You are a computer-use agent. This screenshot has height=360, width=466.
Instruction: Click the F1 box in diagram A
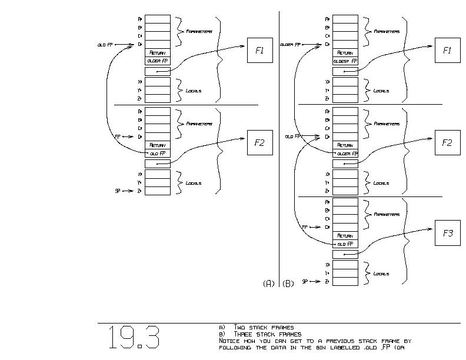point(259,51)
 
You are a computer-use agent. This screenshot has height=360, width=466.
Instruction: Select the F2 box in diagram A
point(259,142)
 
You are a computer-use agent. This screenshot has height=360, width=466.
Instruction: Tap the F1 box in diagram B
point(447,51)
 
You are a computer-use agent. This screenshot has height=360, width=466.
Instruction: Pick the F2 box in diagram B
point(447,142)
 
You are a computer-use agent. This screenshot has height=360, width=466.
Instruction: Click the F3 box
point(447,234)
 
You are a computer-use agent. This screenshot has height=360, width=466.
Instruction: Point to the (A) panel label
point(268,284)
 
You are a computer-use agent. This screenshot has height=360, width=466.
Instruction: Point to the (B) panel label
point(288,284)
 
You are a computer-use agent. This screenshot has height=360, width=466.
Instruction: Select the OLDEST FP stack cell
point(345,61)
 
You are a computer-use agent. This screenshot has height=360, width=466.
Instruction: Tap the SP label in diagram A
point(118,191)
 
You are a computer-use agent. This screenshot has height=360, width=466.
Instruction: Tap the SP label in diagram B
point(305,282)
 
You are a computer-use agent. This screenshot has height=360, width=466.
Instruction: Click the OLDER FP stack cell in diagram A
point(157,61)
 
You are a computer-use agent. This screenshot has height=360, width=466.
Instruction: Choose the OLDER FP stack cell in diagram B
point(345,154)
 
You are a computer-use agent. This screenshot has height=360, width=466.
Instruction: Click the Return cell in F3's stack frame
point(345,235)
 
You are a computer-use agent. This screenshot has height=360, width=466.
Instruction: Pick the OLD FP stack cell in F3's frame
point(345,244)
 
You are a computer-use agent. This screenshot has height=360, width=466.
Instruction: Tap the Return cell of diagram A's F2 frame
point(157,145)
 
